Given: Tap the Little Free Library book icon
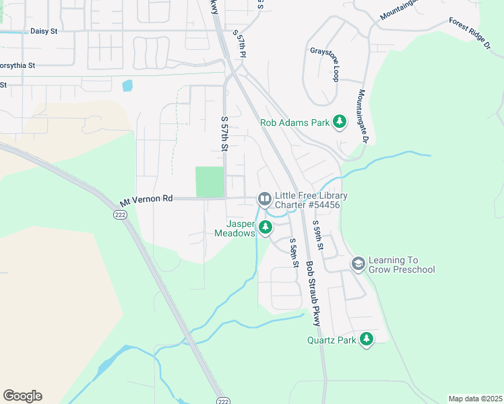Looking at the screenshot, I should click(264, 199).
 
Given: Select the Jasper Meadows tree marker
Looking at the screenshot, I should click(265, 227).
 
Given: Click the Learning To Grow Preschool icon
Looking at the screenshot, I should click(358, 263).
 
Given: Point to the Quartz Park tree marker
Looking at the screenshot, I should click(366, 339).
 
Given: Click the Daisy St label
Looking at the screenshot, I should click(44, 31).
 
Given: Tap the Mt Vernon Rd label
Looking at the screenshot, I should click(146, 200).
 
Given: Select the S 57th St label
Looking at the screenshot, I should click(225, 133).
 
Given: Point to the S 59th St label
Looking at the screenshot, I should click(319, 237).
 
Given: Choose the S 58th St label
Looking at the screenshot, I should click(293, 253).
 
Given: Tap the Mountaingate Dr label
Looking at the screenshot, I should click(363, 116).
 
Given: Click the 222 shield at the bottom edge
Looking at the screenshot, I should click(223, 400).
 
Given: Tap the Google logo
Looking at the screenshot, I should click(22, 396).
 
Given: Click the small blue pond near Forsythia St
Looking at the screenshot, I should click(127, 86).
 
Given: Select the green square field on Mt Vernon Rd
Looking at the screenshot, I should click(209, 182).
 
